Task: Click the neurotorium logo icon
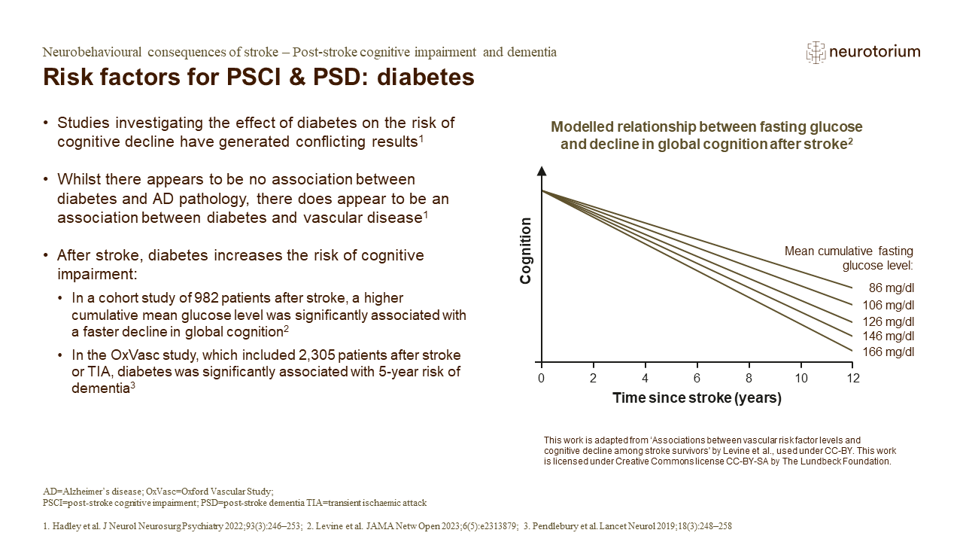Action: (815, 52)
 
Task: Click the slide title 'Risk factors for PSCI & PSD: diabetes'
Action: (259, 78)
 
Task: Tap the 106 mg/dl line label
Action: (889, 305)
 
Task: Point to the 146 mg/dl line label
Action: (889, 336)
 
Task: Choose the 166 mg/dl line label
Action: (889, 352)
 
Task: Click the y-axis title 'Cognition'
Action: (526, 251)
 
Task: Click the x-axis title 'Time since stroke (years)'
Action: (697, 397)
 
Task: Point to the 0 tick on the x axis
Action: (541, 376)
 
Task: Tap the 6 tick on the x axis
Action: (697, 376)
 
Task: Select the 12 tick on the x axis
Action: (852, 376)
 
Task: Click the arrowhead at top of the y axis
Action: (541, 172)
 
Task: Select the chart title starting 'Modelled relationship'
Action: (706, 135)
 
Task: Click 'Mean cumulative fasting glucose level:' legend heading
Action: (849, 258)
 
